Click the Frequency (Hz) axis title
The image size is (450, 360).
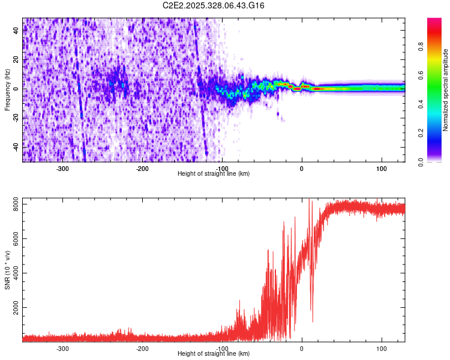pyautogui.click(x=7, y=89)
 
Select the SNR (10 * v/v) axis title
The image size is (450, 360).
pyautogui.click(x=8, y=269)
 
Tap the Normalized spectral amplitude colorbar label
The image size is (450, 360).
pyautogui.click(x=445, y=90)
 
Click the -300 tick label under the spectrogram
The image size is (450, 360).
pyautogui.click(x=62, y=169)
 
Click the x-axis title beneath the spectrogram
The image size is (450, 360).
pyautogui.click(x=214, y=174)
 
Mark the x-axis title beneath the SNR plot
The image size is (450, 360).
pyautogui.click(x=214, y=354)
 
